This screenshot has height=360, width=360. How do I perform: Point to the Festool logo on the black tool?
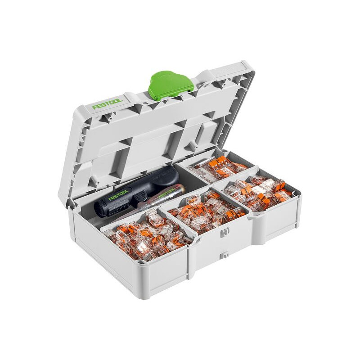tap(118, 194)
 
